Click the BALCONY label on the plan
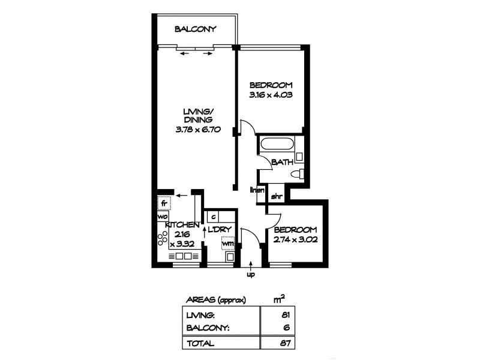[x=195, y=29]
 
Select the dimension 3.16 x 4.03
[x=271, y=94]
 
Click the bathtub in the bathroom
[x=277, y=145]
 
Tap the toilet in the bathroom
[x=296, y=174]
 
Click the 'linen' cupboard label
[x=258, y=191]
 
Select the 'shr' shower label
[x=277, y=196]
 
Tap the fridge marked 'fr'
[x=163, y=203]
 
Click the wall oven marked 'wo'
[x=162, y=216]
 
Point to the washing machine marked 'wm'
[x=227, y=243]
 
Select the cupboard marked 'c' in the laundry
[x=214, y=216]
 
